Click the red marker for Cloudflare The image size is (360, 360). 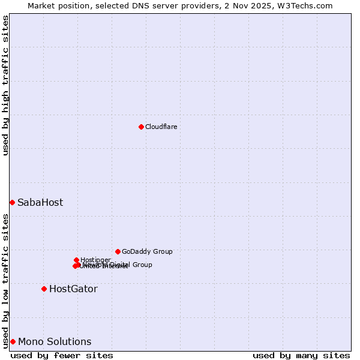(141, 127)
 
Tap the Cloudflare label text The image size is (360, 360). (161, 127)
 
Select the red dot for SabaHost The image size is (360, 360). (12, 202)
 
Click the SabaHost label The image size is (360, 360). (40, 203)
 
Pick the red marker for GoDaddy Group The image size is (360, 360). (118, 251)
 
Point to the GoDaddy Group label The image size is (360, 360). (147, 251)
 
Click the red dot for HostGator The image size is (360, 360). (44, 289)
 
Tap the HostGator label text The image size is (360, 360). (73, 289)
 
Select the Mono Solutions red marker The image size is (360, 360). (13, 341)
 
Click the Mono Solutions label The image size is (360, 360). (55, 342)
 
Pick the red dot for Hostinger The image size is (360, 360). (76, 260)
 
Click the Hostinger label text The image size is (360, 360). (95, 260)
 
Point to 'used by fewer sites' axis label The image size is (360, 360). (62, 355)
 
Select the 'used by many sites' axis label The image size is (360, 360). (301, 355)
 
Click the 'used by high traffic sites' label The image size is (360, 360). (5, 85)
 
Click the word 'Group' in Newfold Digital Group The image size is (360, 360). (142, 265)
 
